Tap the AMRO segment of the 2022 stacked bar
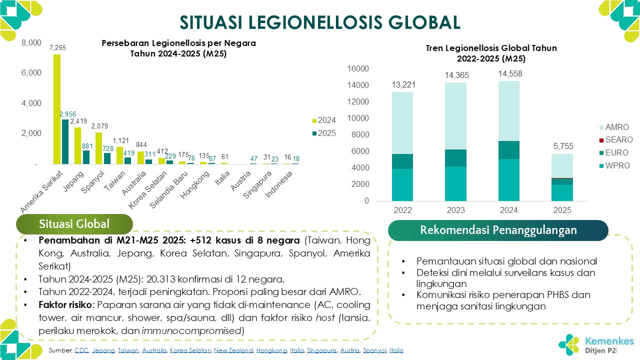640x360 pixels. (x=402, y=123)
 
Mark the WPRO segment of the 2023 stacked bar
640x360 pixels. (x=455, y=183)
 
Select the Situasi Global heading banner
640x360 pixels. (x=74, y=224)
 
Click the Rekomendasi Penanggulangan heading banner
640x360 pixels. (x=498, y=230)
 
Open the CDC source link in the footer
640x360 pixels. (x=81, y=350)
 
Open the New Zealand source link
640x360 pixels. (x=233, y=350)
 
